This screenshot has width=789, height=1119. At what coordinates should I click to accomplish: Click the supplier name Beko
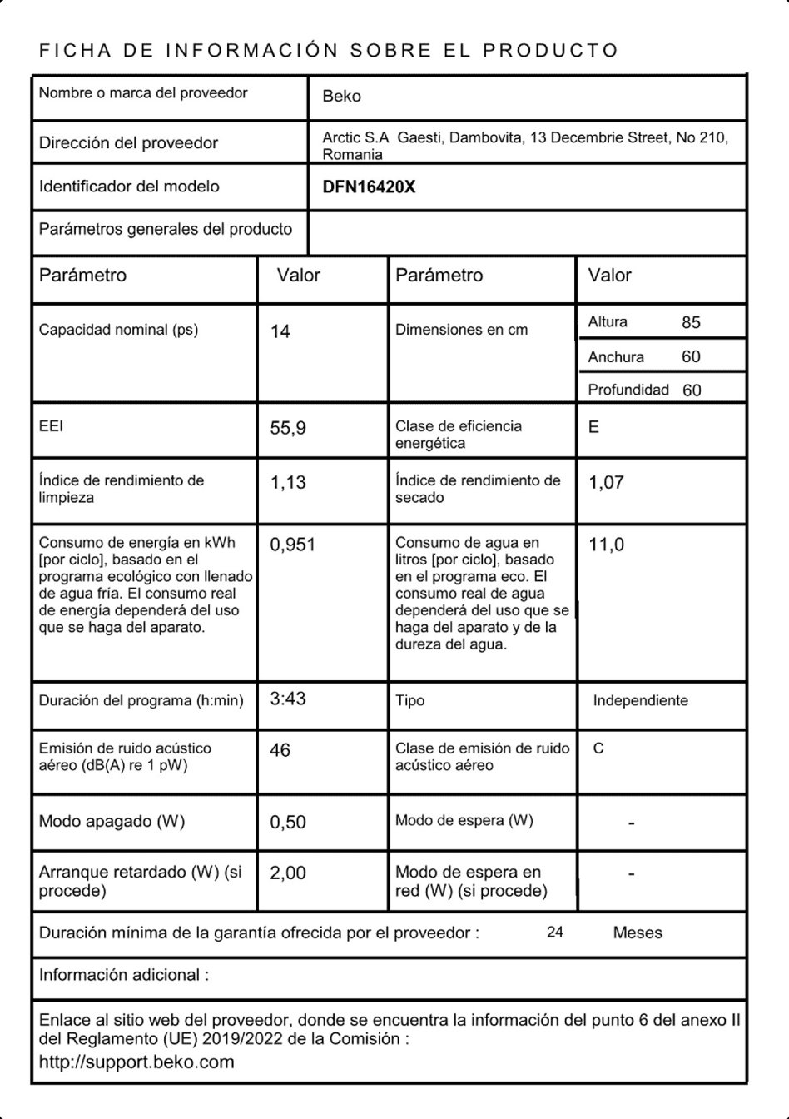click(x=341, y=97)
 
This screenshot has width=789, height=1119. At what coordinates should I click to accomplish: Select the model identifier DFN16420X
click(x=369, y=187)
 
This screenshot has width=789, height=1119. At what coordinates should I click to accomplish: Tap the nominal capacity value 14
click(x=280, y=332)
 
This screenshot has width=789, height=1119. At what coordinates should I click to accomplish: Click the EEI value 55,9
click(x=288, y=429)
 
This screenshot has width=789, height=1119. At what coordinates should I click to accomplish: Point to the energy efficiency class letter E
click(x=593, y=427)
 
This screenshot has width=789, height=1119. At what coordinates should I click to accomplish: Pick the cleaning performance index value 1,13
click(x=288, y=483)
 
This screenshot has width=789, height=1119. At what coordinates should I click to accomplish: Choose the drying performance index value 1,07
click(x=606, y=483)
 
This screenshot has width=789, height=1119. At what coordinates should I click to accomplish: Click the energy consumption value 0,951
click(x=292, y=545)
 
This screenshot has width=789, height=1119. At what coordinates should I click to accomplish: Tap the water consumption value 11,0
click(x=606, y=545)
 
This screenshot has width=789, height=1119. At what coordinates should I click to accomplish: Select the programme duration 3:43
click(x=288, y=699)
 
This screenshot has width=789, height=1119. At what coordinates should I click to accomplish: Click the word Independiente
click(x=640, y=701)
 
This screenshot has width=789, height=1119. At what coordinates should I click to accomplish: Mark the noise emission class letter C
click(x=598, y=748)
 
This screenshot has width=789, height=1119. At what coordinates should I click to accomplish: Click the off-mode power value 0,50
click(x=288, y=823)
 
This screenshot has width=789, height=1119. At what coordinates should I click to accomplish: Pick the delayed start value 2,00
click(x=288, y=873)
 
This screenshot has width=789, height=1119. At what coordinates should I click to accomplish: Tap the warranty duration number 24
click(x=555, y=932)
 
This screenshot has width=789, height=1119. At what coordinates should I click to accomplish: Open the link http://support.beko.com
click(x=136, y=1062)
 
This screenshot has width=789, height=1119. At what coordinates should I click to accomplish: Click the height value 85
click(x=691, y=323)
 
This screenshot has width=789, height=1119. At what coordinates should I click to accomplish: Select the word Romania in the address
click(x=353, y=155)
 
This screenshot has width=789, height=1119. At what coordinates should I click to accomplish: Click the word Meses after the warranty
click(x=638, y=933)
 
